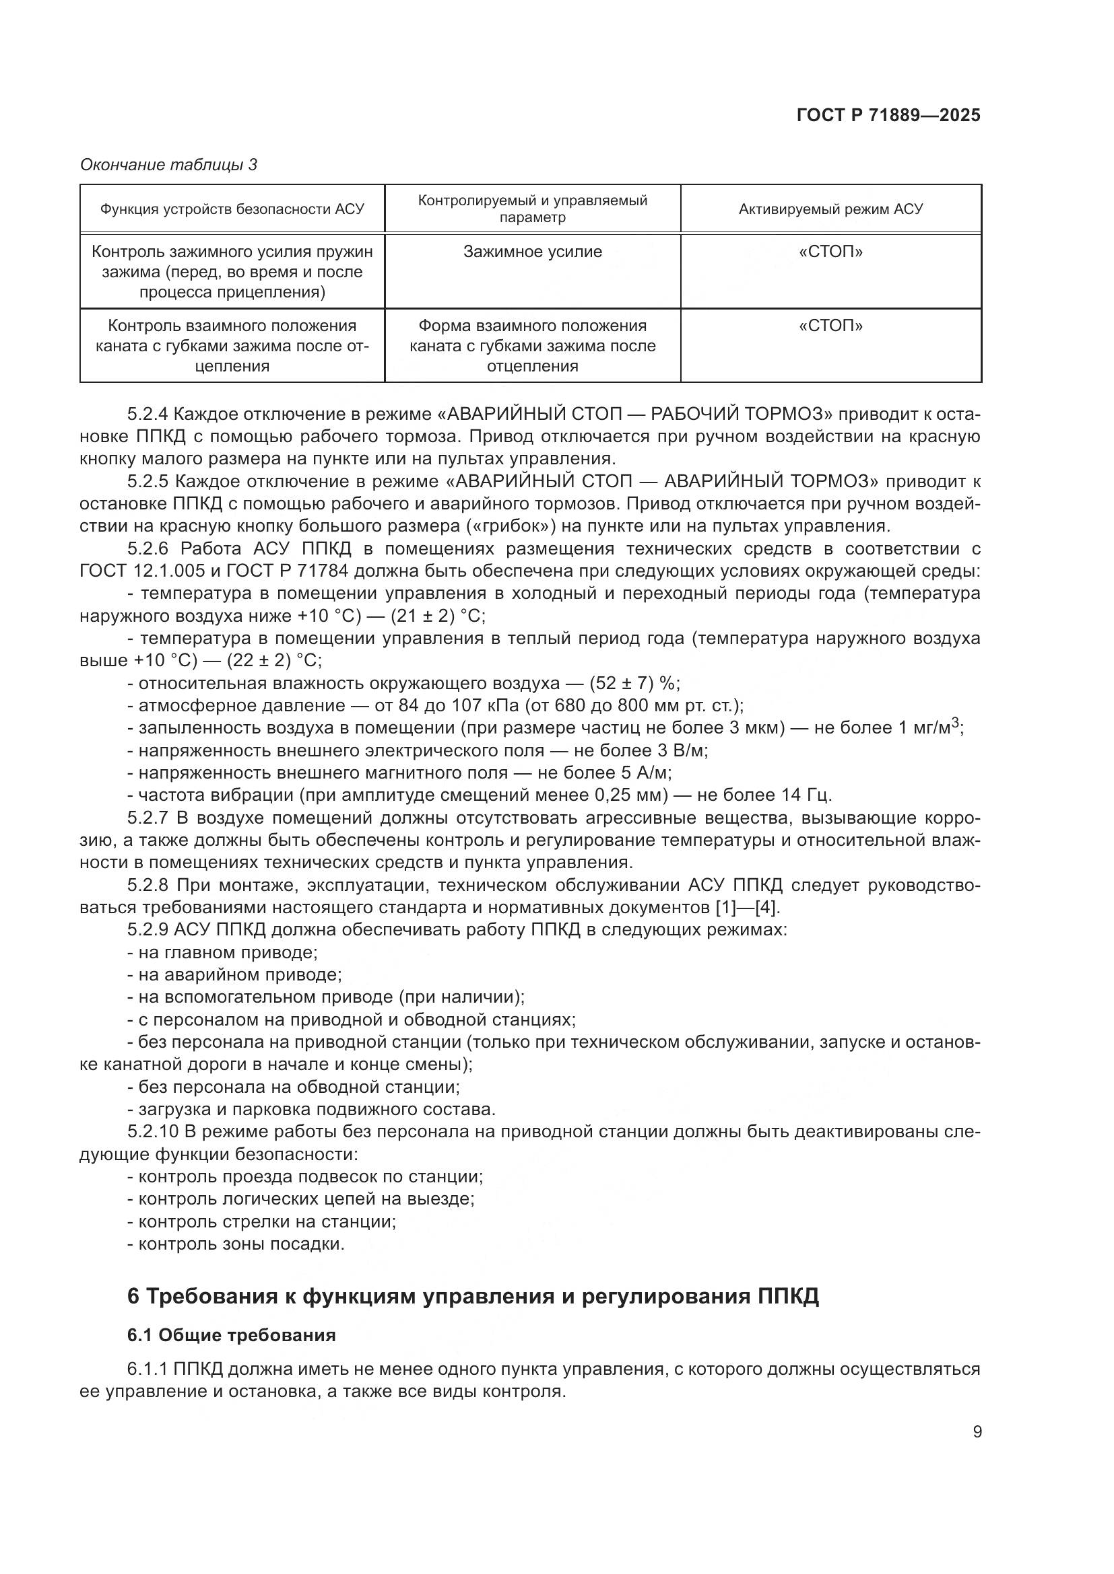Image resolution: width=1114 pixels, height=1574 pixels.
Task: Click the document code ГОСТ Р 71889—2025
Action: click(x=888, y=115)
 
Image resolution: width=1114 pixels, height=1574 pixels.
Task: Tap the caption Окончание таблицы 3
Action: click(x=169, y=164)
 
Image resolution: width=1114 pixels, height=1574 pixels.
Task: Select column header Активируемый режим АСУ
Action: click(x=830, y=209)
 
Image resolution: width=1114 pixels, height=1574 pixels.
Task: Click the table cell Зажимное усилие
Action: click(x=532, y=252)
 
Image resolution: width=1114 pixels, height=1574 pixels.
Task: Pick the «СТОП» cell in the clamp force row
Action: click(x=830, y=252)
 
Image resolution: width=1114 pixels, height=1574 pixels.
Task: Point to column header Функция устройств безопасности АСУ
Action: click(x=232, y=209)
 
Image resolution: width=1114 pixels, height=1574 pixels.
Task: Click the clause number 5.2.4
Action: click(x=148, y=414)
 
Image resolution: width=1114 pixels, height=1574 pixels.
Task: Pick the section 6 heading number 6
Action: click(x=134, y=1297)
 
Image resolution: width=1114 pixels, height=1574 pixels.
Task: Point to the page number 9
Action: click(x=977, y=1432)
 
